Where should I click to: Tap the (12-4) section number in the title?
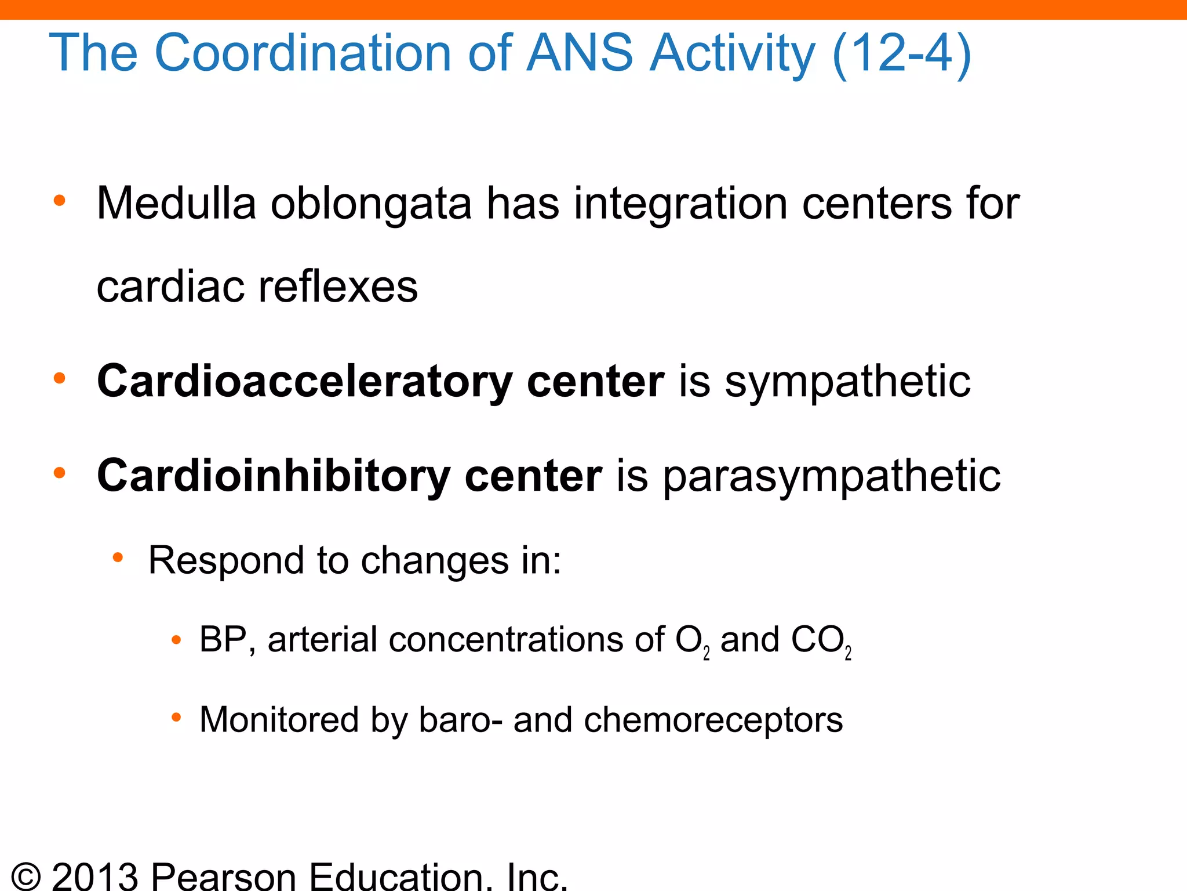coord(901,53)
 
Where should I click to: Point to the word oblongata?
coord(372,205)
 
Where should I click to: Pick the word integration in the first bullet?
coord(680,205)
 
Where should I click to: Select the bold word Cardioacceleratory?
coord(304,382)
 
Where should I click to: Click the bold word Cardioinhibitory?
coord(273,476)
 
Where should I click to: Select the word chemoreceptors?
coord(713,720)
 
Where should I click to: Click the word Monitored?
coord(279,720)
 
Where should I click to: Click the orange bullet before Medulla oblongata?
coord(59,201)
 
